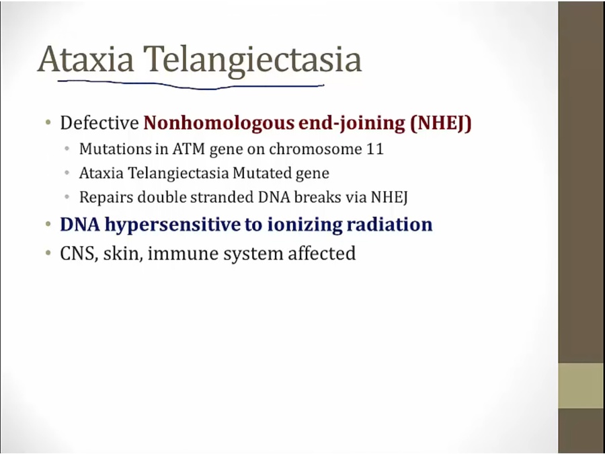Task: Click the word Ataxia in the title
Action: coord(85,59)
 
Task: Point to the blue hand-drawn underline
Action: coord(191,85)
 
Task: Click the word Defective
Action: coord(99,123)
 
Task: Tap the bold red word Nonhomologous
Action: coord(219,123)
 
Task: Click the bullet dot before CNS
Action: coord(48,254)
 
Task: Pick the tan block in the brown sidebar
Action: coord(581,385)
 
